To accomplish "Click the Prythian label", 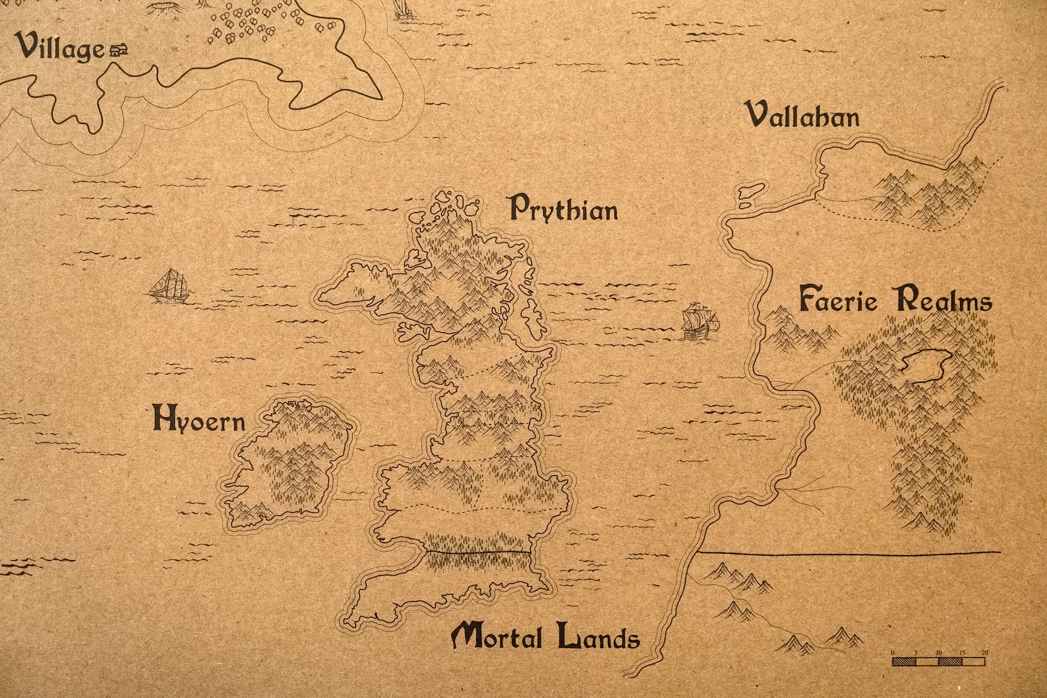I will click(x=565, y=209).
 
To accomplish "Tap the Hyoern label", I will click(x=198, y=420).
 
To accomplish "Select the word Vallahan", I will click(x=802, y=115).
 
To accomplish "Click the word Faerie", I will click(x=838, y=300).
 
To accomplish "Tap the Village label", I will click(x=61, y=47).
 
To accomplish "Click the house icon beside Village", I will click(x=119, y=49).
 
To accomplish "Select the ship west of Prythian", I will click(x=170, y=287).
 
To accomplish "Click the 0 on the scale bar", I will click(x=893, y=653).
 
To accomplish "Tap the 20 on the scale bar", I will click(x=984, y=653).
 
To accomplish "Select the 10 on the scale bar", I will click(x=938, y=653).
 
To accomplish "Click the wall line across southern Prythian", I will click(x=477, y=552).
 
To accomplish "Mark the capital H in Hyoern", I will click(x=162, y=418).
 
